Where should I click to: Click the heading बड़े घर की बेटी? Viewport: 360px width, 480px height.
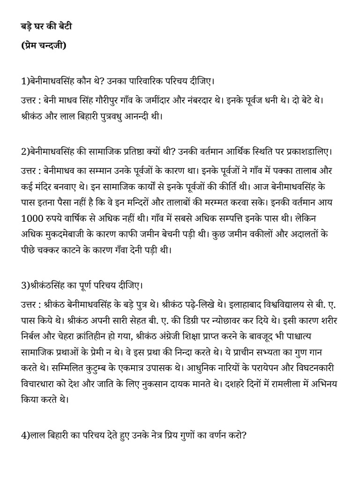[46, 26]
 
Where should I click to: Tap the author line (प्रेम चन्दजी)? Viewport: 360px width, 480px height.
[44, 45]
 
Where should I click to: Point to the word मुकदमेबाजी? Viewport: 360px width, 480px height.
[65, 234]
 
